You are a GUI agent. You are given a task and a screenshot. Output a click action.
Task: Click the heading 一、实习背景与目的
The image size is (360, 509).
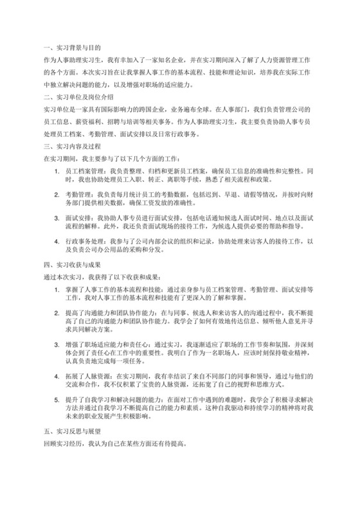tap(71, 48)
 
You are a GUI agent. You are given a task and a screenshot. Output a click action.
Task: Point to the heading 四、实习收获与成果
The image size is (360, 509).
tap(71, 265)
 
